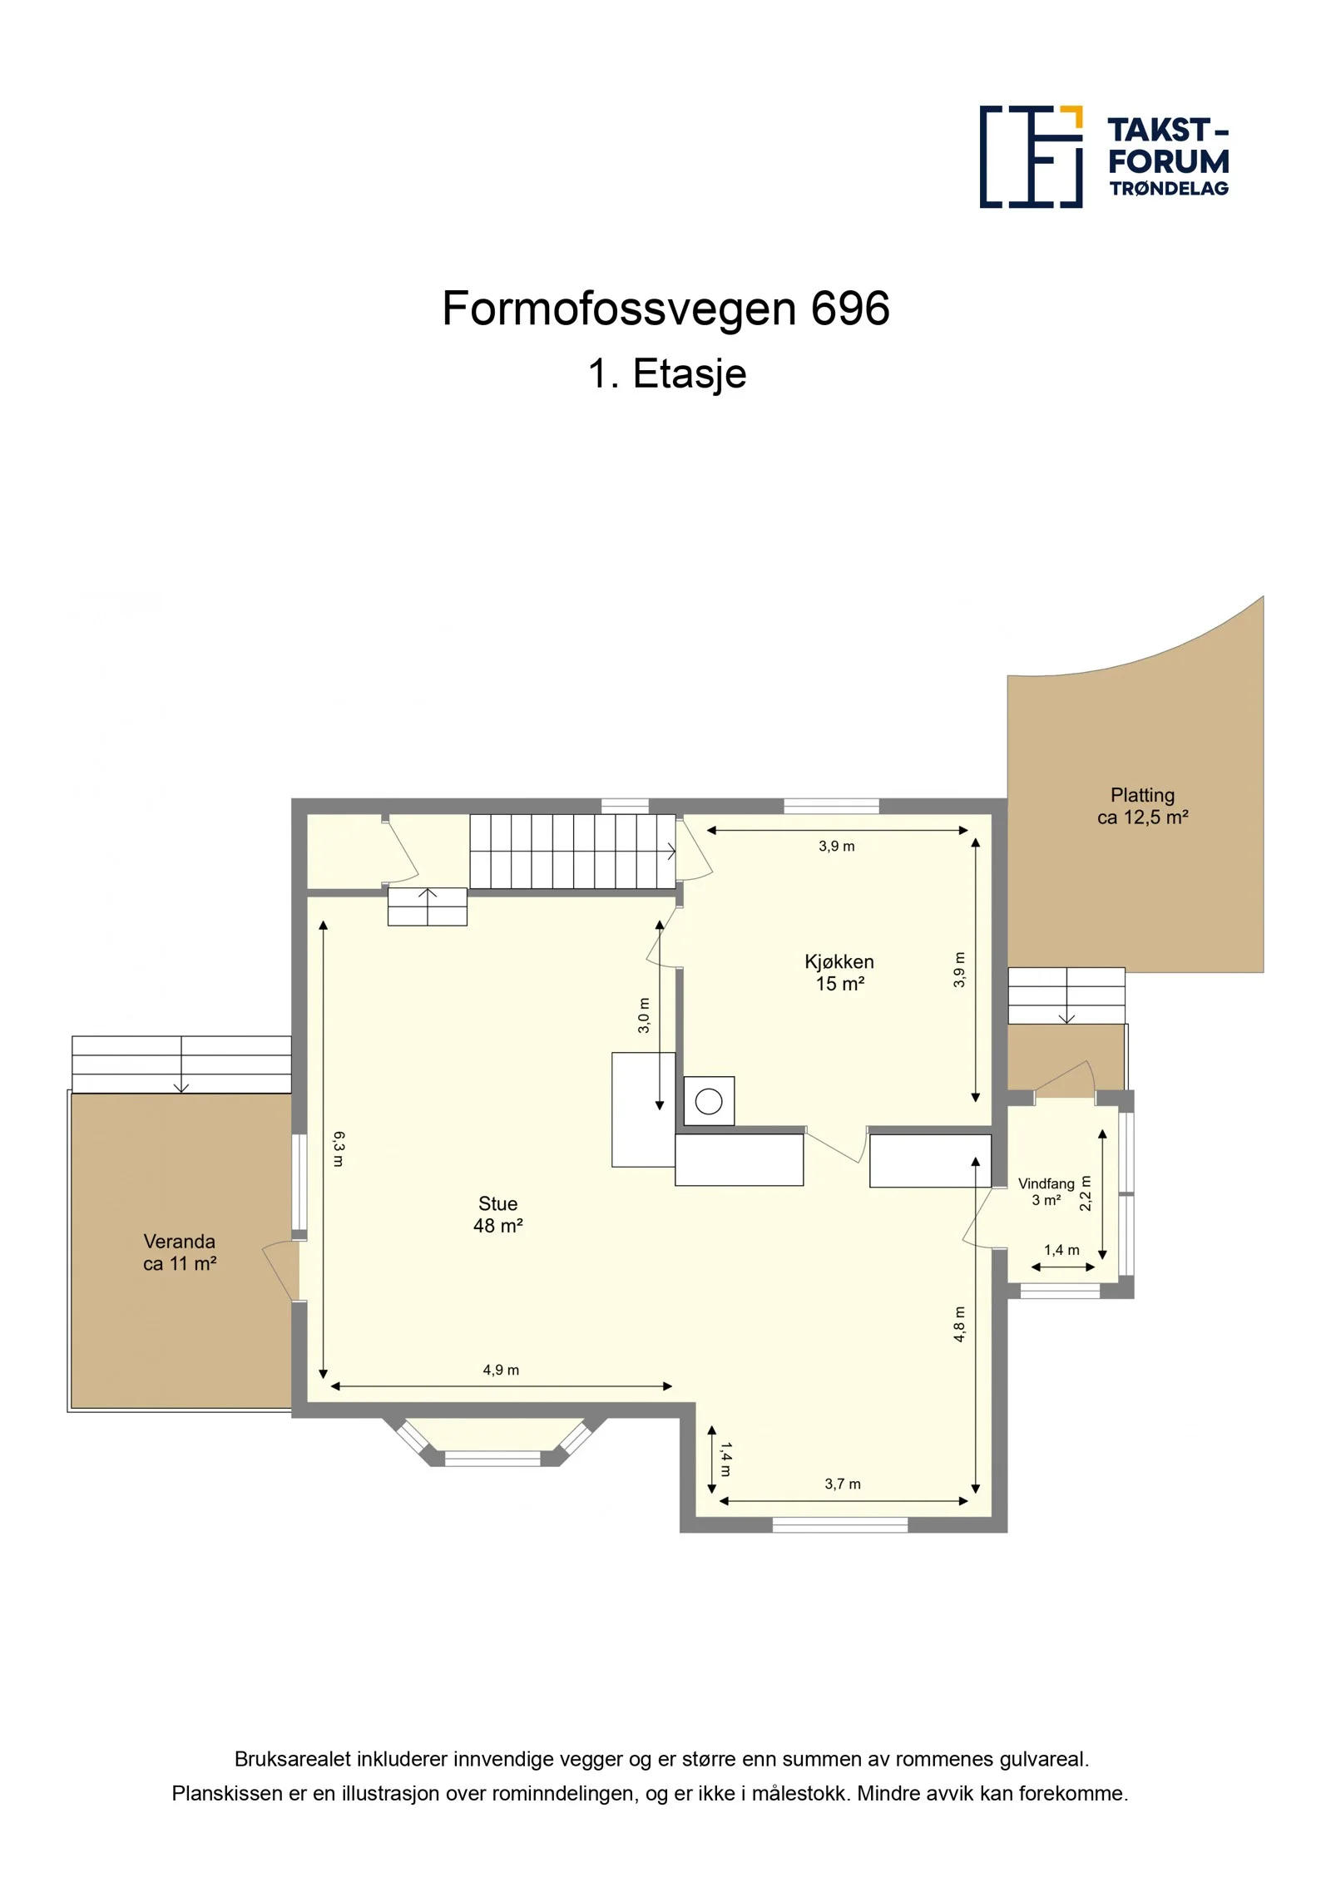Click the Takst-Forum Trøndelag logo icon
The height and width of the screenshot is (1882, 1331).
coord(1031,156)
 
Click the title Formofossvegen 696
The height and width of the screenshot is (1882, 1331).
coord(665,309)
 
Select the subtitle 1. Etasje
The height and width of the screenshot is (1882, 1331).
coord(667,373)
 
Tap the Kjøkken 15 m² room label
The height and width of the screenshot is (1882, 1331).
coord(839,972)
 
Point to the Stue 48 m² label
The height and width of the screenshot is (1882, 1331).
coord(497,1214)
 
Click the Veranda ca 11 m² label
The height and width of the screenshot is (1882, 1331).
coord(180,1252)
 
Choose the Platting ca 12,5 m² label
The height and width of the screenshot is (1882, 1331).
coord(1142,806)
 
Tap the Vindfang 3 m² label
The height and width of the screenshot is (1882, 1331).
coord(1046,1192)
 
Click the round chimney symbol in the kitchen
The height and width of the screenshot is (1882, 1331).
coord(709,1102)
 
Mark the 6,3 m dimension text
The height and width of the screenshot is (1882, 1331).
coord(338,1148)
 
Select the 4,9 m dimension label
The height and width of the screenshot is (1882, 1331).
coord(501,1370)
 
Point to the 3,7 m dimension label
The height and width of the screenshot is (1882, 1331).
coord(843,1484)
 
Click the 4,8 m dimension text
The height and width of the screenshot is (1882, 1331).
coord(959,1324)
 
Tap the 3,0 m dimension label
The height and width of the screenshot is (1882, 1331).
coord(644,1015)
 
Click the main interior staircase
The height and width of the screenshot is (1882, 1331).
coord(572,852)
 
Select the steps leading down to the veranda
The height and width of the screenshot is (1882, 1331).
coord(181,1064)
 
